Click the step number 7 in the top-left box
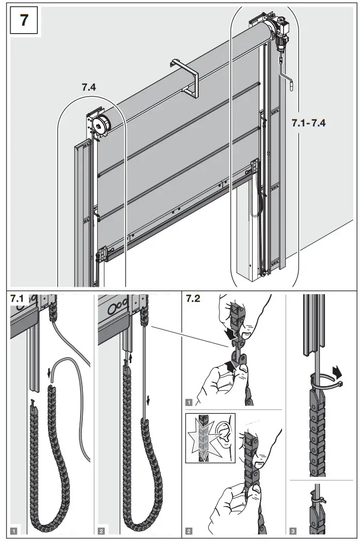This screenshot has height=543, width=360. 24,21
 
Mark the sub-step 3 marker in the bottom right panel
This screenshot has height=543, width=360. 293,530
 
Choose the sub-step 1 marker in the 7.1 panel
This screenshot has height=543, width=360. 14,530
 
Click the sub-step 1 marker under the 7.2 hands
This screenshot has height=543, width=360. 189,400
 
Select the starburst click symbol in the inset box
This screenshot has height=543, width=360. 202,435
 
